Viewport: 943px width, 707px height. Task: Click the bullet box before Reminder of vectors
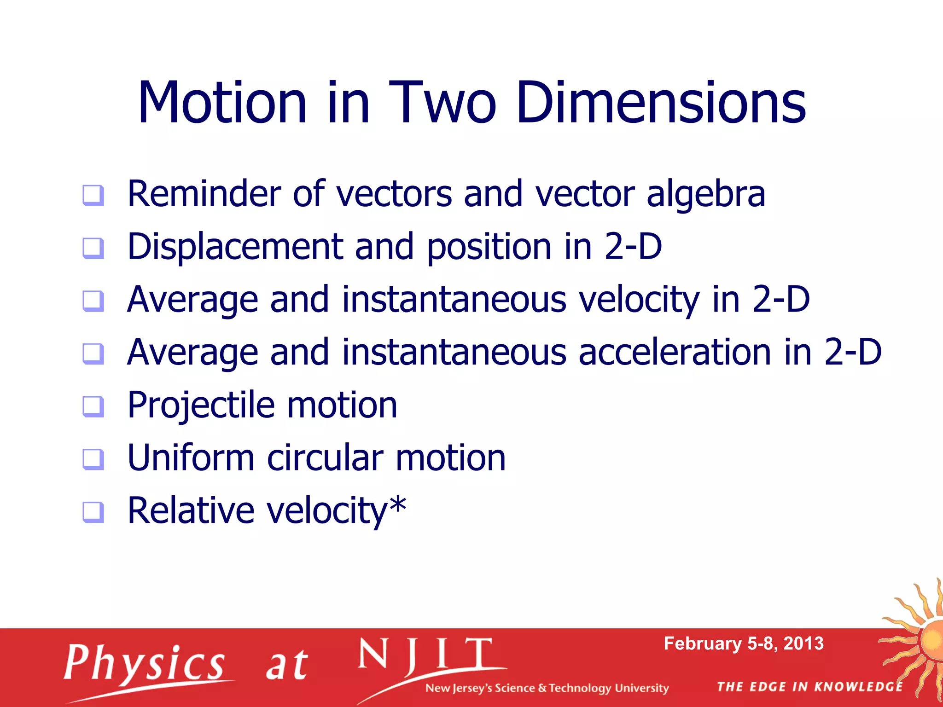coord(93,195)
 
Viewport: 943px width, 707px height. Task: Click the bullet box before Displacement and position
coord(93,248)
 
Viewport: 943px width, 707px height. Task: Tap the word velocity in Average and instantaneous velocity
coord(640,300)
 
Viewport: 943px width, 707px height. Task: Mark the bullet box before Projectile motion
coord(93,406)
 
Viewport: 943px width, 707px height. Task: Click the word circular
coord(325,458)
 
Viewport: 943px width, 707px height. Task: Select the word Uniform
coord(191,458)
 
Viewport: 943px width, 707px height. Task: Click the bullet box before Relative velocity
coord(93,512)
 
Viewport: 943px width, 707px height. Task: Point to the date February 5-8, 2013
coord(743,643)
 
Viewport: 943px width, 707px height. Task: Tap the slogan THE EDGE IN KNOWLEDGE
coord(809,687)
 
